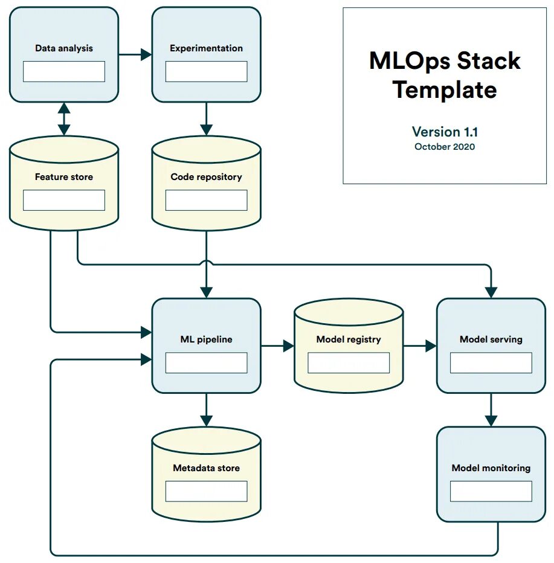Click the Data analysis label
point(64,48)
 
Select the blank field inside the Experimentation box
point(206,71)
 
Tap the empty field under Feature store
point(64,200)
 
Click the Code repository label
point(206,177)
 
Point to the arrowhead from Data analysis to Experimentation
point(146,55)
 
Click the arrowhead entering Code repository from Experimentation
point(206,129)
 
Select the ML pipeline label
point(206,339)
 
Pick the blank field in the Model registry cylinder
point(349,362)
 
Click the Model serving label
point(491,339)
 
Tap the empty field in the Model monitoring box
point(491,491)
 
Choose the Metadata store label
point(206,468)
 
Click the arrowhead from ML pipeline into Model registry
point(288,346)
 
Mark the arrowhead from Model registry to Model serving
point(430,346)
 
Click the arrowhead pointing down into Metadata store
point(206,420)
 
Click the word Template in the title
point(445,90)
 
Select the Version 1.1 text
point(445,132)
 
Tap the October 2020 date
point(445,147)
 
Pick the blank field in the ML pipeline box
point(206,362)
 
